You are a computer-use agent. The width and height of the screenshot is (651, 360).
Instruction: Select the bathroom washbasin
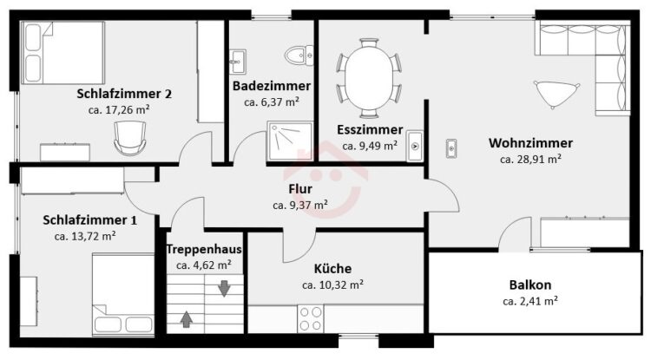[x=238, y=58]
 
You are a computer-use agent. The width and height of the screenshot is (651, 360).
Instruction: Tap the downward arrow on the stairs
[x=225, y=287]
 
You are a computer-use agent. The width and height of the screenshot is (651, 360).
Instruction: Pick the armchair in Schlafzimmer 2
[x=128, y=134]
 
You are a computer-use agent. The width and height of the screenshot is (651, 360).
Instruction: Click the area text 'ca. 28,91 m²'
[x=530, y=159]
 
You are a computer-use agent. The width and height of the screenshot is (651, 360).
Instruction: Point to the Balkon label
[x=530, y=285]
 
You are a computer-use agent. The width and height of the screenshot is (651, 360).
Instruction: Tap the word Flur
[x=300, y=188]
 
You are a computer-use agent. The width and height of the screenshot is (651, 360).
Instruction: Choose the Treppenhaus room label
[x=204, y=250]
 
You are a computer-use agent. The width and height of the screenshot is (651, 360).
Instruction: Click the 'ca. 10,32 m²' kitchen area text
[x=332, y=285]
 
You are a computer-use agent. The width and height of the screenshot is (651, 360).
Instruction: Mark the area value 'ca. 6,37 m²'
[x=272, y=101]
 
